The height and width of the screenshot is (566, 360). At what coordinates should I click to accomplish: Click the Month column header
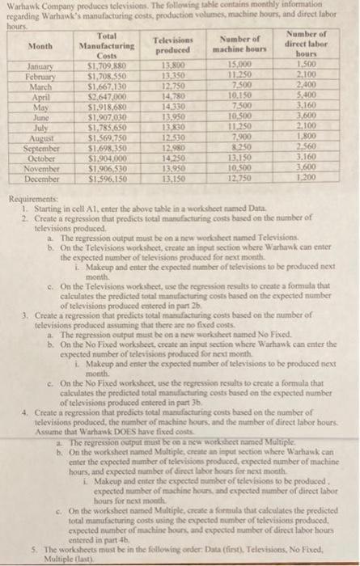point(32,46)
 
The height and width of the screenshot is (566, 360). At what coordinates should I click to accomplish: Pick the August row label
point(32,140)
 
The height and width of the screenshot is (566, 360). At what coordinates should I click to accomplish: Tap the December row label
point(32,178)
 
